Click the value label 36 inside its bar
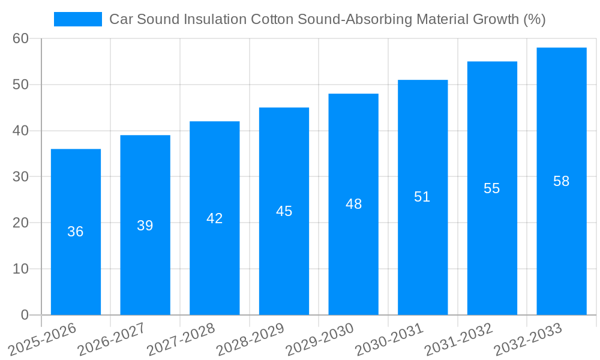point(76,232)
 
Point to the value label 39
point(145,226)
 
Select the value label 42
point(214,218)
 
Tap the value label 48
point(353,204)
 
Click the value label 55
point(491,188)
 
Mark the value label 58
point(561,181)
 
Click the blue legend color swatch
point(77,19)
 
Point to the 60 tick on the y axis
point(20,38)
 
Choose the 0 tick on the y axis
point(25,315)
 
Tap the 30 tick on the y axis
point(20,177)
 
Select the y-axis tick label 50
point(20,85)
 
